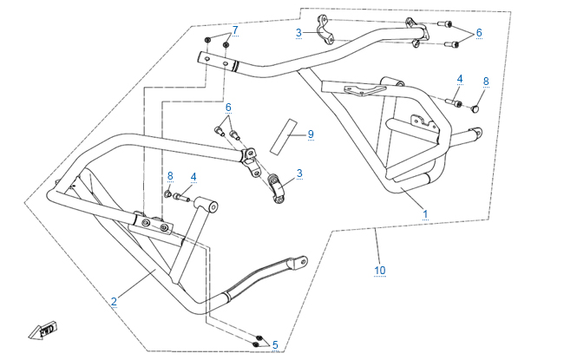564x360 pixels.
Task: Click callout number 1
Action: pyautogui.click(x=425, y=213)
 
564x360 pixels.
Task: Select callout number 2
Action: pyautogui.click(x=114, y=301)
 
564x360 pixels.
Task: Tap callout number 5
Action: pyautogui.click(x=275, y=344)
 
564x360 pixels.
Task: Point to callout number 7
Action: pyautogui.click(x=234, y=31)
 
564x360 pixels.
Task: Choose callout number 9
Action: pyautogui.click(x=310, y=134)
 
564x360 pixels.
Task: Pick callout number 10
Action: pyautogui.click(x=379, y=271)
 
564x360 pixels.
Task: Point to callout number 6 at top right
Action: pyautogui.click(x=479, y=32)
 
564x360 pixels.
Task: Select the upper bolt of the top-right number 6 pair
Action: pyautogui.click(x=445, y=23)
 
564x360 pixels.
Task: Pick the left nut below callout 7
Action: pyautogui.click(x=209, y=41)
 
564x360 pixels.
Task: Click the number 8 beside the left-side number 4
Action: pyautogui.click(x=170, y=176)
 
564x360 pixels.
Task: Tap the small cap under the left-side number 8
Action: pyautogui.click(x=167, y=195)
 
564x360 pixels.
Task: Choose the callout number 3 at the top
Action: pyautogui.click(x=298, y=33)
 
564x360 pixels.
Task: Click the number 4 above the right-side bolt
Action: pyautogui.click(x=460, y=80)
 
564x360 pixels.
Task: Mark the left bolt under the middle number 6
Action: pyautogui.click(x=219, y=132)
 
